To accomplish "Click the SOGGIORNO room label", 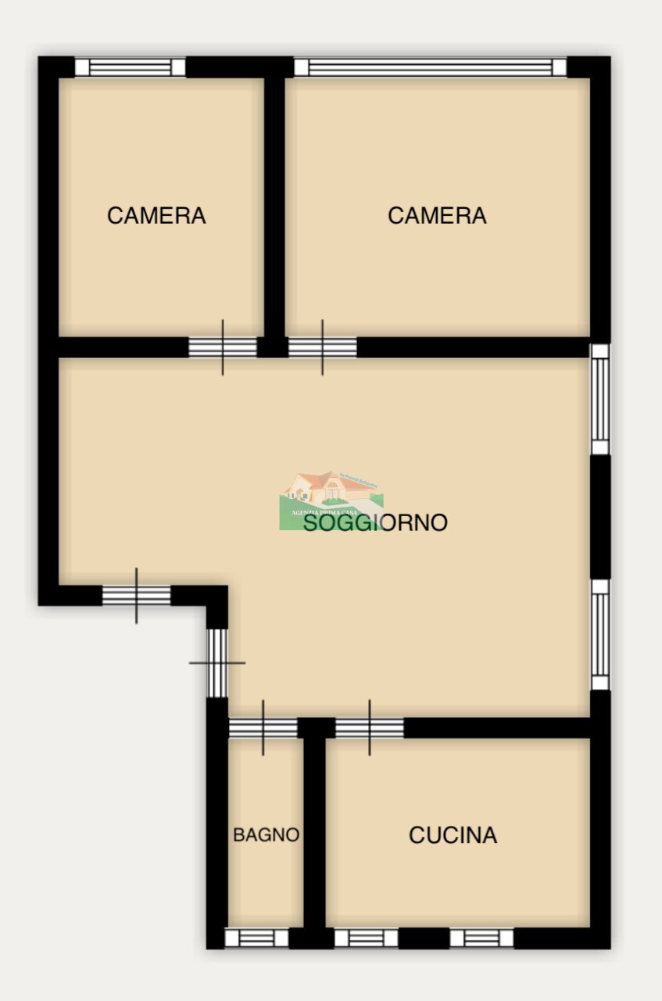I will [x=375, y=522].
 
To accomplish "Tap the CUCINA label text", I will [x=453, y=835].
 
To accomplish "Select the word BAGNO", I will [x=266, y=835].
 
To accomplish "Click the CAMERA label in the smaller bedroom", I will [x=156, y=216].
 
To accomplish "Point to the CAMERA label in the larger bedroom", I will [x=437, y=215].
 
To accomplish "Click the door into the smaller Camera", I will [x=223, y=347].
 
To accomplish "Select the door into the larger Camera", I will [x=323, y=347].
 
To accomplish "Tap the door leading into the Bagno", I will [x=263, y=728].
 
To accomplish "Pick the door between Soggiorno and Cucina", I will [x=370, y=728].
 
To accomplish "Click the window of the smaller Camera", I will [x=131, y=67].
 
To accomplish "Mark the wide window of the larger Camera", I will [x=430, y=67].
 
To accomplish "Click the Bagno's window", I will [x=256, y=938].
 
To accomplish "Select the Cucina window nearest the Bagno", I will [x=366, y=938].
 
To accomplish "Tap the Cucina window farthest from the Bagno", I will [x=481, y=938].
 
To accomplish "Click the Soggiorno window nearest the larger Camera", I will [x=599, y=399].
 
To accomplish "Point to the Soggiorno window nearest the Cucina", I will [x=599, y=634].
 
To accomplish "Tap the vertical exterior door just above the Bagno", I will [x=217, y=662].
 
